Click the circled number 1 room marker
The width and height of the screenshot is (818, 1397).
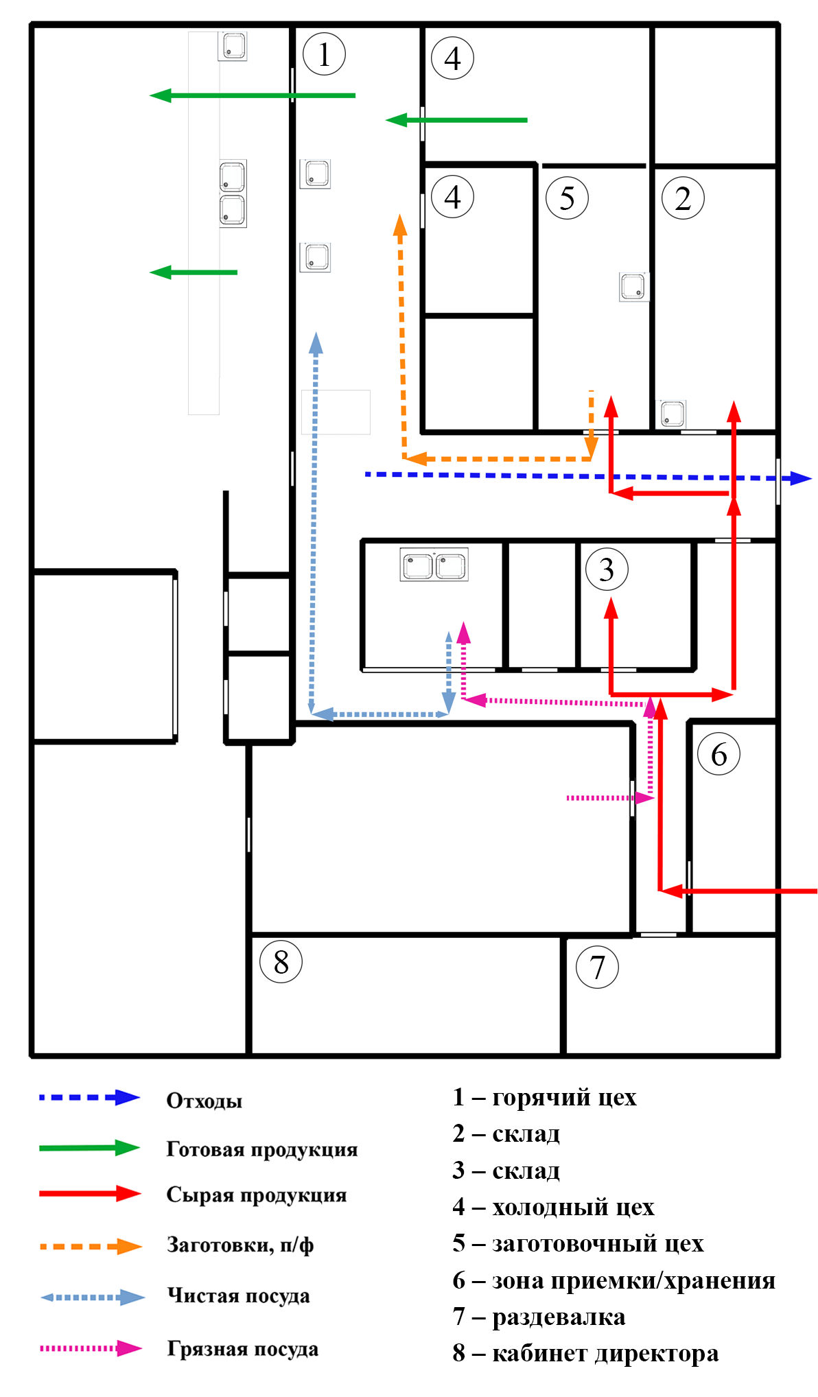[324, 54]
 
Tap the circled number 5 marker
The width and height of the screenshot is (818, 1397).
[567, 198]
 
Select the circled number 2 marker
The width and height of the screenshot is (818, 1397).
[683, 198]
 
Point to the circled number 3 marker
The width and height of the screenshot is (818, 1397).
[607, 569]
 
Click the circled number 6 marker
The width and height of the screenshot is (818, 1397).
[718, 754]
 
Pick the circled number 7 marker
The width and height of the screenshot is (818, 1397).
[597, 967]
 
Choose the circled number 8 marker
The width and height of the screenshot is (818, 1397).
[281, 961]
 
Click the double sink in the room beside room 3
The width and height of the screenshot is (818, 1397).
[434, 565]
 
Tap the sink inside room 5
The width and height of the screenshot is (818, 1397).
[633, 287]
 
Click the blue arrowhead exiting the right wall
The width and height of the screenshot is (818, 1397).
[801, 478]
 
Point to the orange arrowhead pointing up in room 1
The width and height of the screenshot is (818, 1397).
[400, 225]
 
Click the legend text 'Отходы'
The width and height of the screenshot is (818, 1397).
[204, 1101]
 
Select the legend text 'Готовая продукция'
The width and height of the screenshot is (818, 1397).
[262, 1149]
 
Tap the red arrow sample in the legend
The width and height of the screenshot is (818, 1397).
[90, 1193]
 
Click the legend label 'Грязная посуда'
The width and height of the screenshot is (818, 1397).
[243, 1348]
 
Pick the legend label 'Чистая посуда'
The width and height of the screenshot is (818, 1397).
[239, 1295]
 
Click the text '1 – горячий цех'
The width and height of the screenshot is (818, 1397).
[545, 1097]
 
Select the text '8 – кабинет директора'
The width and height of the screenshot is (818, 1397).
[585, 1353]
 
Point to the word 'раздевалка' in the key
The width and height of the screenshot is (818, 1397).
[559, 1317]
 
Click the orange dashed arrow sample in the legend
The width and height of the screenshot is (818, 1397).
[91, 1246]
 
